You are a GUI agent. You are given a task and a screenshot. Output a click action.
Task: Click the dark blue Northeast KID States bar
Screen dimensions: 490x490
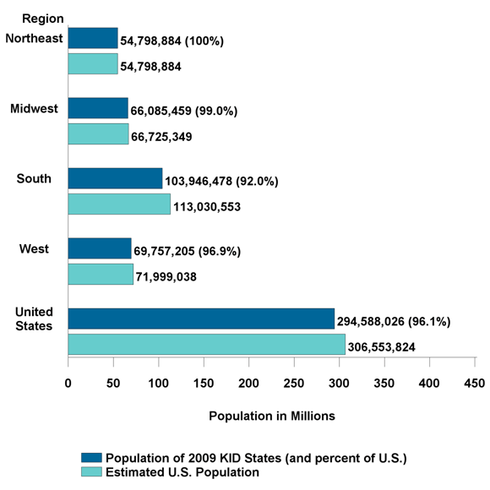(x=93, y=38)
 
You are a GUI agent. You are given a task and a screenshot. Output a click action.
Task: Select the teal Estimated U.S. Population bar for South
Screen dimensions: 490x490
(x=119, y=204)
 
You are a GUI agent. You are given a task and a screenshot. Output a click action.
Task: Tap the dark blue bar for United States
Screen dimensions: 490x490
(x=201, y=318)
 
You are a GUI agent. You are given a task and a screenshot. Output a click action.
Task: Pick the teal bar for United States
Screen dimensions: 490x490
(x=206, y=345)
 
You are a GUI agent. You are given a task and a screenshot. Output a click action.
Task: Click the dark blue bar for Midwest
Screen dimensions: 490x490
(x=98, y=108)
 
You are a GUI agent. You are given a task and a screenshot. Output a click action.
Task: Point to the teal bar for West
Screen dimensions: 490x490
(x=101, y=275)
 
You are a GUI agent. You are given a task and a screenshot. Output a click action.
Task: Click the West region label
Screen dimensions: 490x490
(x=35, y=248)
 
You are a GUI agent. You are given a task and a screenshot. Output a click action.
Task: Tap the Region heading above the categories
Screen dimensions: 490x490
(x=40, y=18)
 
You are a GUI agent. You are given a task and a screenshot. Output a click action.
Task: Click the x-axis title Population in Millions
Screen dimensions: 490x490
(x=271, y=416)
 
